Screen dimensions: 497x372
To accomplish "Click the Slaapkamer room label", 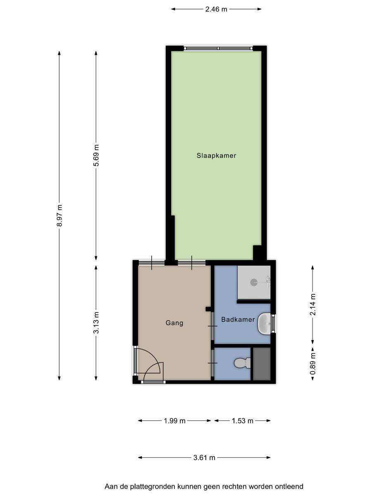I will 216,156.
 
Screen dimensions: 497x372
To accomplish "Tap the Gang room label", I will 174,323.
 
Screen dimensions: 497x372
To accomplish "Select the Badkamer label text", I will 238,319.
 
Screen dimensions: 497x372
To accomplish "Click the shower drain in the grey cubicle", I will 253,282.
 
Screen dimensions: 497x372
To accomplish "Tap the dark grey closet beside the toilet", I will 261,364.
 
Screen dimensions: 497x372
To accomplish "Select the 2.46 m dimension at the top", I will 216,9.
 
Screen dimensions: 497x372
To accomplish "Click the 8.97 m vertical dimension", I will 60,215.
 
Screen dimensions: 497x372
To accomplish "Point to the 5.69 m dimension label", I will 96,156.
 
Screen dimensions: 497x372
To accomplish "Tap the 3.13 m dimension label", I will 96,323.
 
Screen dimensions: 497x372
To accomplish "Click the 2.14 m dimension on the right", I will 313,304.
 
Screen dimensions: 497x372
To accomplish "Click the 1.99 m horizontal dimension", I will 174,421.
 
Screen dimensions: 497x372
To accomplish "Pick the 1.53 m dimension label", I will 242,421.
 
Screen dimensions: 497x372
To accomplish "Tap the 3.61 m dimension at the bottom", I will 204,458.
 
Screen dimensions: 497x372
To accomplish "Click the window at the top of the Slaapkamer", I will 218,48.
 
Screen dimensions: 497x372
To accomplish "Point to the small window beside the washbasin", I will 273,324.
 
